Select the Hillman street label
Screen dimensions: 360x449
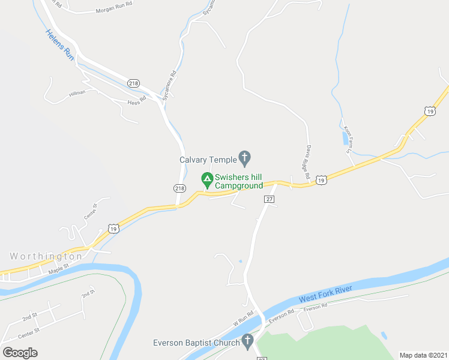click(77, 92)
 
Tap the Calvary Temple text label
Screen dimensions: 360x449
click(208, 160)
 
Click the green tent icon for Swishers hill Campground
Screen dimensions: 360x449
click(206, 179)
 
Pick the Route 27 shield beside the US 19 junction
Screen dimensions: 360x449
click(269, 199)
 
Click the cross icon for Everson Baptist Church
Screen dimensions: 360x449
click(247, 343)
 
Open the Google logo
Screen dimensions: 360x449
click(20, 352)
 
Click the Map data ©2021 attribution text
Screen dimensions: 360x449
click(423, 355)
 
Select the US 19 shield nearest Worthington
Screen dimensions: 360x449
click(113, 227)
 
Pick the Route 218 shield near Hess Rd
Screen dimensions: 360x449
click(133, 83)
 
